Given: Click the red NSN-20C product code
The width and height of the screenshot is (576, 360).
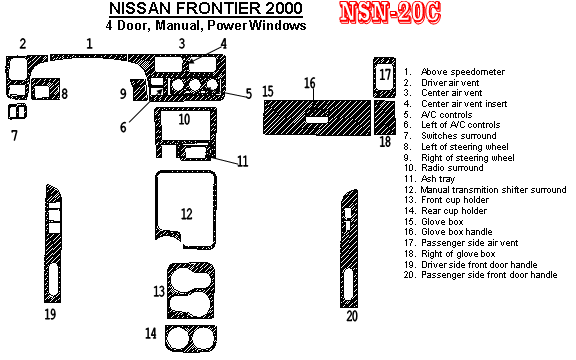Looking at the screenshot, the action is click(390, 13).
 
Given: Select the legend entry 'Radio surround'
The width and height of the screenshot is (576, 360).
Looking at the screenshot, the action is click(452, 168).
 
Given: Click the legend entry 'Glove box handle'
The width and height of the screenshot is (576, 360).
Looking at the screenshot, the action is click(456, 232).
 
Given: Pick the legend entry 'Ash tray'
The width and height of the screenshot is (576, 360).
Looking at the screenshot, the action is click(438, 179).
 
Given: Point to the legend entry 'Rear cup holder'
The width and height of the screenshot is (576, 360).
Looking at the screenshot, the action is click(454, 211).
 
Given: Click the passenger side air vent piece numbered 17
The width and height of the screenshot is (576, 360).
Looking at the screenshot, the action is click(384, 77).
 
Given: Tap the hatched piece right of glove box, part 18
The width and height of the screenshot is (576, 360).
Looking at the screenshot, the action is click(385, 118).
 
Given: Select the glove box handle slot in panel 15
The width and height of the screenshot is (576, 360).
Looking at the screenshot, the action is click(316, 120).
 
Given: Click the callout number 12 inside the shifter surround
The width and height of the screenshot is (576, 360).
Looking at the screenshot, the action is click(186, 214).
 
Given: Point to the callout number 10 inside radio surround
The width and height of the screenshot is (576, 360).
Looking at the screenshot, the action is click(184, 119).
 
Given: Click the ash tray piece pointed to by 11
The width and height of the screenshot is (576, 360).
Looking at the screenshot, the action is click(195, 152).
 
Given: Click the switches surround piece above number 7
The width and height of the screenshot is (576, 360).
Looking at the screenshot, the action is click(17, 112).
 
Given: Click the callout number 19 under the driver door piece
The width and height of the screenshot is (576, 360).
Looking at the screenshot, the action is click(50, 314).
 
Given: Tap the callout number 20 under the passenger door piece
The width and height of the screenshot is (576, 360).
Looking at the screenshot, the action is click(352, 316).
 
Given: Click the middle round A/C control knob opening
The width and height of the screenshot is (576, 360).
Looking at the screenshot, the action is click(194, 86).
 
